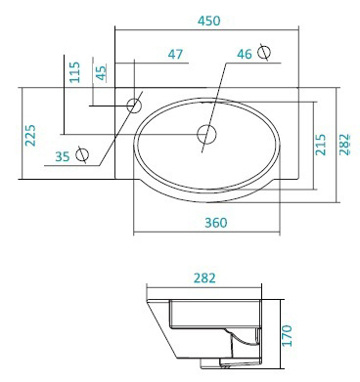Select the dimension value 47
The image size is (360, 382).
coord(176,54)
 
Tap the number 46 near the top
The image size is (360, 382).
coord(247,55)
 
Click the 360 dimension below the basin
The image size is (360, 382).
coord(216,223)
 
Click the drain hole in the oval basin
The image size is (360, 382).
coord(206,132)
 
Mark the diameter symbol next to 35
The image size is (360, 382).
coord(84,154)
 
